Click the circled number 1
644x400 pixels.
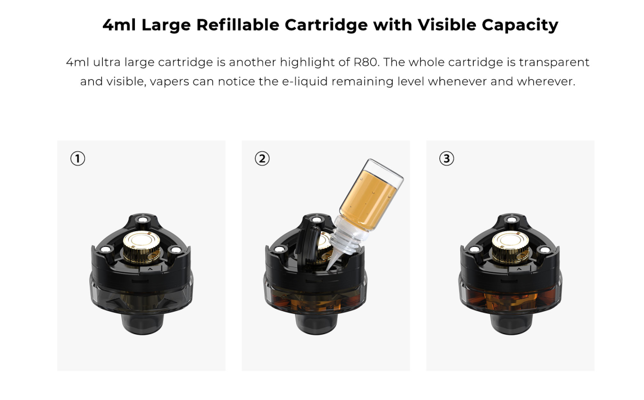click(x=78, y=159)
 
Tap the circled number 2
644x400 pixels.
click(x=262, y=159)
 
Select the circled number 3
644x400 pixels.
click(x=446, y=159)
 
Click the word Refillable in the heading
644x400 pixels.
click(x=238, y=25)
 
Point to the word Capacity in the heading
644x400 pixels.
click(x=520, y=25)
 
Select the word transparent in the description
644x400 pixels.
click(x=554, y=62)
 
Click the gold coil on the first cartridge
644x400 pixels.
click(x=142, y=246)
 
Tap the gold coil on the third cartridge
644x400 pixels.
click(x=511, y=246)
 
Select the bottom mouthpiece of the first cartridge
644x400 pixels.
click(x=143, y=321)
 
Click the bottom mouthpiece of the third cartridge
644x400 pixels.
click(x=511, y=321)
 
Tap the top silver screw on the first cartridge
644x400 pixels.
click(x=143, y=220)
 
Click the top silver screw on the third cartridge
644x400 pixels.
click(x=511, y=220)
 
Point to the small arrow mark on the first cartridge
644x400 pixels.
click(x=150, y=269)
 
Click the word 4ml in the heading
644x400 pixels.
click(x=119, y=25)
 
